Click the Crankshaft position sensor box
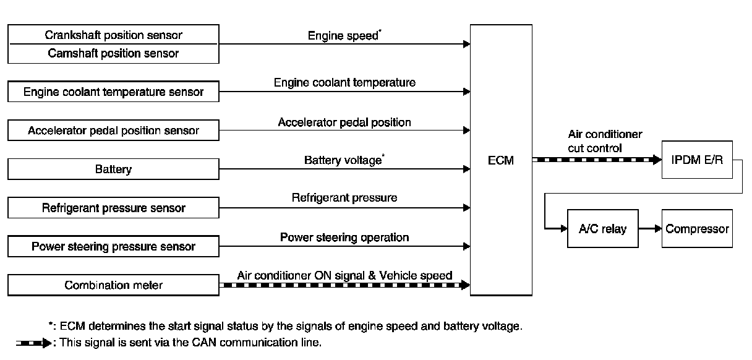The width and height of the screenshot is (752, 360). pos(113,35)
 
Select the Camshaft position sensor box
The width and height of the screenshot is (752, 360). pos(113,53)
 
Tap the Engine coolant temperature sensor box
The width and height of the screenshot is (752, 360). pos(113,92)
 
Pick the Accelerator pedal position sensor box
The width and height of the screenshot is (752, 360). pos(113,131)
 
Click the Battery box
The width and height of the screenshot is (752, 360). pos(113,169)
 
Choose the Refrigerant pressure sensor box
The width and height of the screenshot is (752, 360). pos(113,208)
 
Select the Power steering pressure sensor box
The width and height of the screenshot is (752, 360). pos(113,246)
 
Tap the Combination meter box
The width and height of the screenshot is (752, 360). pos(113,285)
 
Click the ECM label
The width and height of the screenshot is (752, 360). pos(500,161)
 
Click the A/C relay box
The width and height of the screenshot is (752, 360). pos(602,229)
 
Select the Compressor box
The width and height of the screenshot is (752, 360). pos(697,229)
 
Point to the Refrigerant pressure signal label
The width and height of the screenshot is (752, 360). pos(344,198)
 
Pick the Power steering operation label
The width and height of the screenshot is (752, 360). pos(344,237)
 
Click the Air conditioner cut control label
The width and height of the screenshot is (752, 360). pos(605,141)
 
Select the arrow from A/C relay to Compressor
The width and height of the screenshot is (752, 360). pos(649,229)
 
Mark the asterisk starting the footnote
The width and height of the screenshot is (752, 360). pos(50,324)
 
